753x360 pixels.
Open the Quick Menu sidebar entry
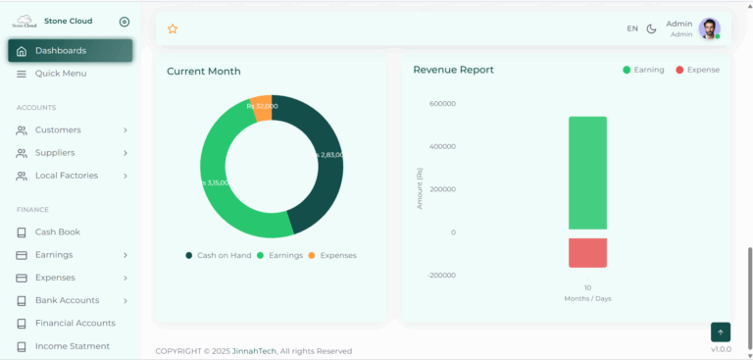coord(61,74)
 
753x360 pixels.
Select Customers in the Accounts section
coord(58,130)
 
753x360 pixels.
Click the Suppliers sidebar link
coord(55,153)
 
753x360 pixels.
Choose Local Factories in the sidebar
coord(67,176)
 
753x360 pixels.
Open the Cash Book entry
coord(58,232)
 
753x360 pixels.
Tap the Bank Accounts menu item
coord(67,300)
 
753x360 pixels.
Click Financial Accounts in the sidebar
coord(75,323)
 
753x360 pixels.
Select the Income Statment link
coord(72,346)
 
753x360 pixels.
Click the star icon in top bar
coord(173,29)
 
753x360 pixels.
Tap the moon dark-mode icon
coord(652,29)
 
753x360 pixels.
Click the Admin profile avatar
coord(709,29)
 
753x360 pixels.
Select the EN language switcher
coord(632,29)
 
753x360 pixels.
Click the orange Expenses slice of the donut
coord(262,107)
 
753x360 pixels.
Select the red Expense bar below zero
coord(587,252)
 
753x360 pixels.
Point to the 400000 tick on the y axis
coord(441,147)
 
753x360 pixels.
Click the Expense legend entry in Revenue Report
coord(697,71)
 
